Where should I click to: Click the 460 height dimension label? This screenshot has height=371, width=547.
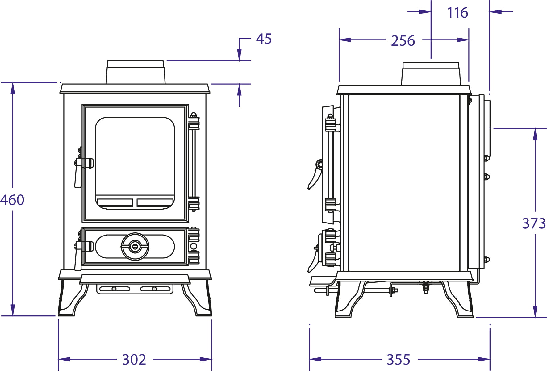[x=12, y=200]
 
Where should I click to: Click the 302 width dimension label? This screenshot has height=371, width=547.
[x=134, y=360]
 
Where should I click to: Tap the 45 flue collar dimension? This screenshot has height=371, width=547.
[x=264, y=39]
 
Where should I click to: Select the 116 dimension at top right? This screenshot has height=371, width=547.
[x=457, y=13]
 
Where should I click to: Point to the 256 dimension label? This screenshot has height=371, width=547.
[x=403, y=41]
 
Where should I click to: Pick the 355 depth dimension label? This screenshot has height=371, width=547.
[x=399, y=360]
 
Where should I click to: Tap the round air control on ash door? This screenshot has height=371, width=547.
[x=135, y=246]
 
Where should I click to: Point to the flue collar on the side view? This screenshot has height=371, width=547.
[x=431, y=74]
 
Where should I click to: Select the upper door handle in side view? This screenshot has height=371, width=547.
[x=315, y=174]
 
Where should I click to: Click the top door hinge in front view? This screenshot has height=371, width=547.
[x=194, y=122]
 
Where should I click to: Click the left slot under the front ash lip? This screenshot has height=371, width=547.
[x=115, y=289]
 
